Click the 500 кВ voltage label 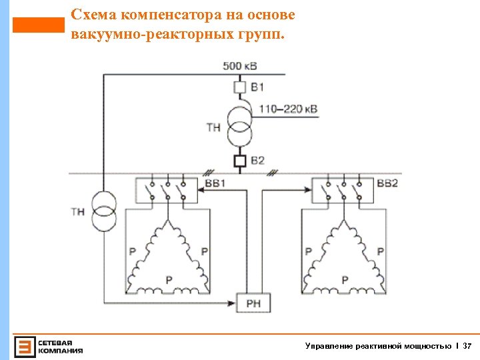(239, 65)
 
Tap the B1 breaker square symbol (240, 87)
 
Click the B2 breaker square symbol (240, 161)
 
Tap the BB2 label (387, 183)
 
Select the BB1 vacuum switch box (167, 190)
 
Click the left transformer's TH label (77, 211)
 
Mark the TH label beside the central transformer (213, 127)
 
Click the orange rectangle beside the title (38, 25)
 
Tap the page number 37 (467, 346)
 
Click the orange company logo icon (25, 346)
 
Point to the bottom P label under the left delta (169, 279)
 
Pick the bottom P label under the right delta (344, 279)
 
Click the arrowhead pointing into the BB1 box (201, 190)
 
